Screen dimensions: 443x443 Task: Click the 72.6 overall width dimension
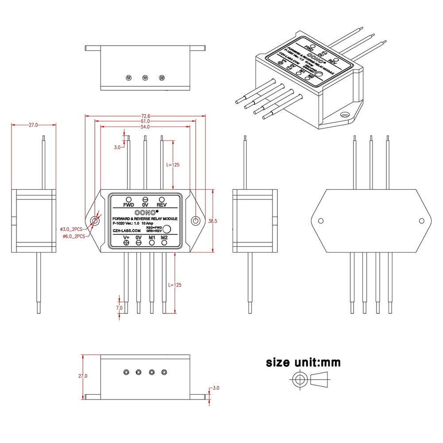tap(145, 116)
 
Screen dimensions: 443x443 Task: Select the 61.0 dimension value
tap(145, 121)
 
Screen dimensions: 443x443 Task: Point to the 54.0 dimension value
tap(145, 127)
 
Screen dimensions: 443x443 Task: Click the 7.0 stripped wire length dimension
tap(119, 307)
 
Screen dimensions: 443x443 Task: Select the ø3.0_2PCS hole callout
tap(71, 229)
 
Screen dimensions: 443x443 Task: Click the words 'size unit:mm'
tap(303, 363)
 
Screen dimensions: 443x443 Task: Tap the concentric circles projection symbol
tap(299, 380)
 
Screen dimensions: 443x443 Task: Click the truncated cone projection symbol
tap(321, 380)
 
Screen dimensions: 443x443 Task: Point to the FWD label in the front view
tap(128, 205)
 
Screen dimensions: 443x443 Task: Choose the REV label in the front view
tap(162, 205)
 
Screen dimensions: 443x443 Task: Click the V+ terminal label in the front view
tap(126, 238)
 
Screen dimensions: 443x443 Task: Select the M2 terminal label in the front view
tap(164, 238)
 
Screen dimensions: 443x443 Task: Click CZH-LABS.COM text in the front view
tap(127, 231)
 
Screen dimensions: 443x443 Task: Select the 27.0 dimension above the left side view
tap(33, 125)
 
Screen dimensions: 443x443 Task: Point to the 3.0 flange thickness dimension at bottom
tap(216, 388)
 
